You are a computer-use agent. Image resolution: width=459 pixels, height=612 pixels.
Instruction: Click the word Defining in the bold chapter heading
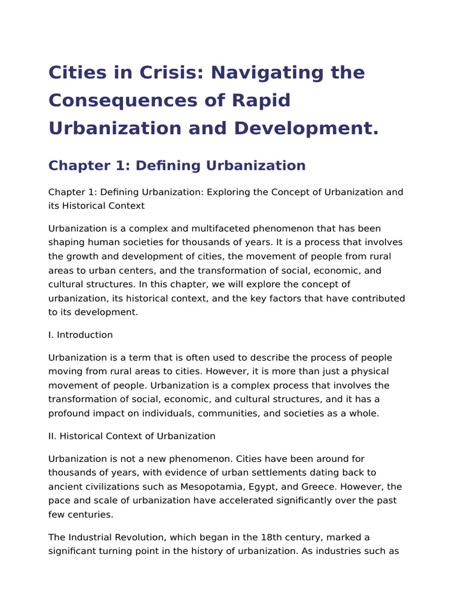(x=170, y=166)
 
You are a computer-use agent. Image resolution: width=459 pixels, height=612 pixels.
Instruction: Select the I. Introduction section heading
(x=81, y=335)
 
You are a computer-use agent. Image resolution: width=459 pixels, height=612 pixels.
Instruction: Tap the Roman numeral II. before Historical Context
(x=53, y=436)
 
